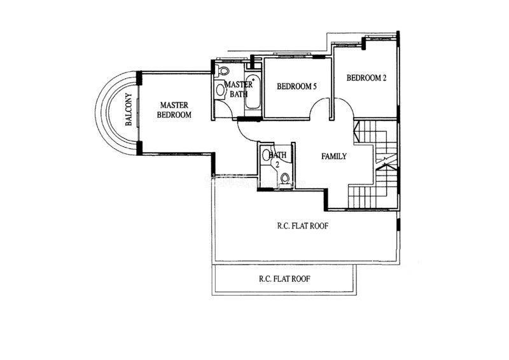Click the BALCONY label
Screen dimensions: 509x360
(x=129, y=109)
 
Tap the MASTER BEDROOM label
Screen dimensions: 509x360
(x=174, y=110)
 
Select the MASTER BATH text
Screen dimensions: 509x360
(x=239, y=89)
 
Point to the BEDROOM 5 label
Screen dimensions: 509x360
(x=296, y=87)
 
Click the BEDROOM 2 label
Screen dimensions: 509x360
(x=366, y=78)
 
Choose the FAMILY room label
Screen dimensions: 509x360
(x=334, y=156)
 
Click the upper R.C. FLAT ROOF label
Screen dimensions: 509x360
(x=303, y=226)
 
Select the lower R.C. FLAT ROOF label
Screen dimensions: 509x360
(x=284, y=279)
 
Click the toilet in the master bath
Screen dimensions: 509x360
(x=223, y=71)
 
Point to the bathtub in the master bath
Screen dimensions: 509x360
(x=253, y=92)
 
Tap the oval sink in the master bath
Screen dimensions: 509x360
(x=220, y=89)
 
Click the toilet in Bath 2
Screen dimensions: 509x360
(x=285, y=178)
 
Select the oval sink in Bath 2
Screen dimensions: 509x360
(x=266, y=155)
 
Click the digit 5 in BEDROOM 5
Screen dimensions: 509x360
(x=314, y=87)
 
